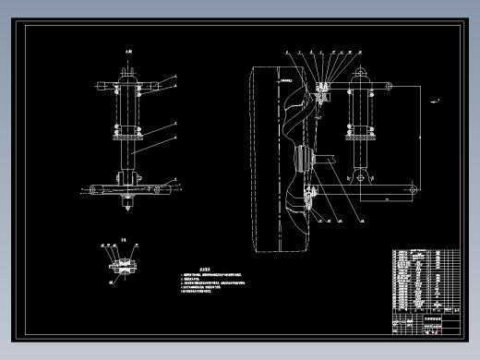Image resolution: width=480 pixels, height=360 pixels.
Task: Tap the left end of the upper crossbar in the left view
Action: pyautogui.click(x=97, y=87)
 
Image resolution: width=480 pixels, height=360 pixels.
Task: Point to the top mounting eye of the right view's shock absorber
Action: pyautogui.click(x=360, y=76)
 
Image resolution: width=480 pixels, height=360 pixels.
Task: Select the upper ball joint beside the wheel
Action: pyautogui.click(x=322, y=90)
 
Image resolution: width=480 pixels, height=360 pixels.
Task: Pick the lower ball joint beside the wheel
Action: pyautogui.click(x=314, y=195)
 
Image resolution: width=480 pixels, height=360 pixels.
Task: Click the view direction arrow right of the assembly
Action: pyautogui.click(x=438, y=97)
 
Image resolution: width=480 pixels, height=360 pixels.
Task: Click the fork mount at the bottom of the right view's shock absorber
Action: pyautogui.click(x=360, y=174)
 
